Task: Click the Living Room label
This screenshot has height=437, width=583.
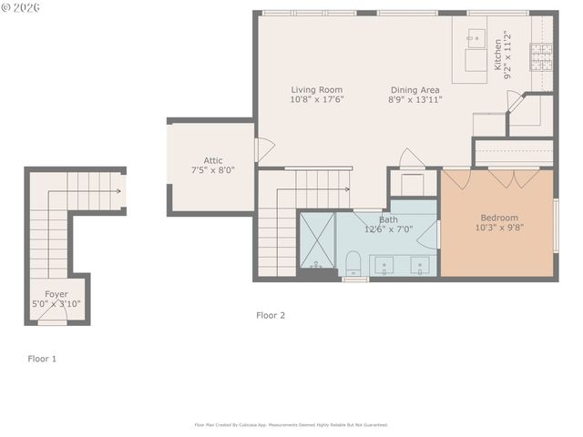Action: (316, 89)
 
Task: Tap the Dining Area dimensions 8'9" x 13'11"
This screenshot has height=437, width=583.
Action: (414, 100)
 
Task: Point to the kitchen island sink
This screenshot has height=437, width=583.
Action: (476, 38)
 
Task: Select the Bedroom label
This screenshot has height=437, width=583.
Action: (499, 218)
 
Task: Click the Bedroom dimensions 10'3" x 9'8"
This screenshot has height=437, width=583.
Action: (499, 228)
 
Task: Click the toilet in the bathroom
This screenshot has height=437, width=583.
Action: (353, 265)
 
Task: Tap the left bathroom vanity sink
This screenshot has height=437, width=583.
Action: (384, 267)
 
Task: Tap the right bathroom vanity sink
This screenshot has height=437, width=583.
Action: (420, 267)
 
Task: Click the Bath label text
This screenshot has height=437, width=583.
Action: (388, 219)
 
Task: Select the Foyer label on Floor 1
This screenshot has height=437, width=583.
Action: (56, 294)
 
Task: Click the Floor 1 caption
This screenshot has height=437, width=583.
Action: (42, 359)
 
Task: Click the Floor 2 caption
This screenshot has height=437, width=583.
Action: (271, 315)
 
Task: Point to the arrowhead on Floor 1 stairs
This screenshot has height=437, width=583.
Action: (118, 191)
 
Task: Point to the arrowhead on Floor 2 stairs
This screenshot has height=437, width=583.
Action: (347, 189)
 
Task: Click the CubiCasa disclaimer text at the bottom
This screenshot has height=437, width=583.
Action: (291, 424)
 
